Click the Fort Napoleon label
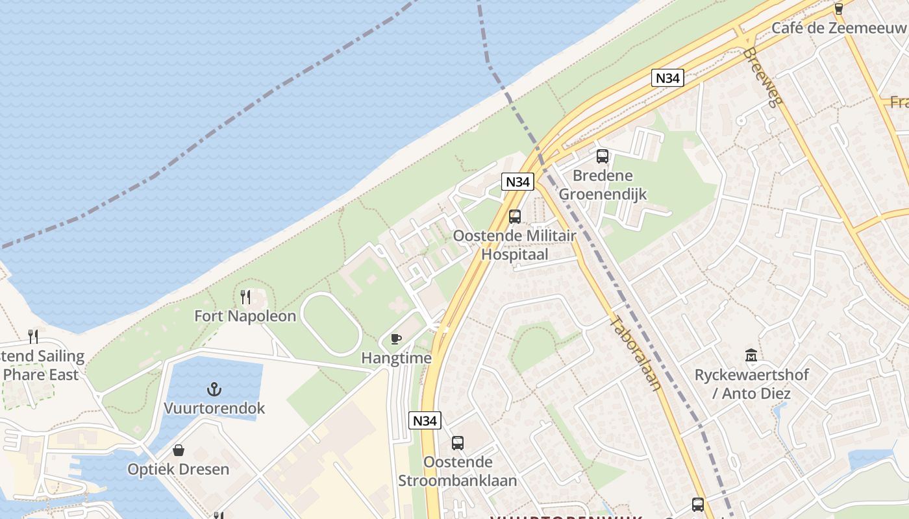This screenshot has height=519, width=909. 245,316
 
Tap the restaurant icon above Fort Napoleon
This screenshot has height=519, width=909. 245,297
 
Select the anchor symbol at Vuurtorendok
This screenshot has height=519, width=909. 214,389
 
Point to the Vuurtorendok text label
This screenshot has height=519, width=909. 214,409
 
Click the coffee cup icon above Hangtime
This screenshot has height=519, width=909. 395,339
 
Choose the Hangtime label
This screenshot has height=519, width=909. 396,358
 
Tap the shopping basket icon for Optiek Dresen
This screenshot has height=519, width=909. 178,450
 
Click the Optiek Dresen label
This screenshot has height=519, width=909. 178,469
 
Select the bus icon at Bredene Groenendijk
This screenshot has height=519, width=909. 603,156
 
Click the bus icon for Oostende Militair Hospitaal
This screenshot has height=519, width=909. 515,216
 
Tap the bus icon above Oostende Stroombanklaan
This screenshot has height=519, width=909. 458,443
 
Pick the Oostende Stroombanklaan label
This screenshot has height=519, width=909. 458,472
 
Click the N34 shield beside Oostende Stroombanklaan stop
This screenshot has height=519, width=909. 425,420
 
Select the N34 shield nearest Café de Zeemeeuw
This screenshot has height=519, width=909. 667,78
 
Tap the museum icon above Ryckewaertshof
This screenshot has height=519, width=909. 751,356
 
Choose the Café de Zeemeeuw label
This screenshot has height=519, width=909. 838,28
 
